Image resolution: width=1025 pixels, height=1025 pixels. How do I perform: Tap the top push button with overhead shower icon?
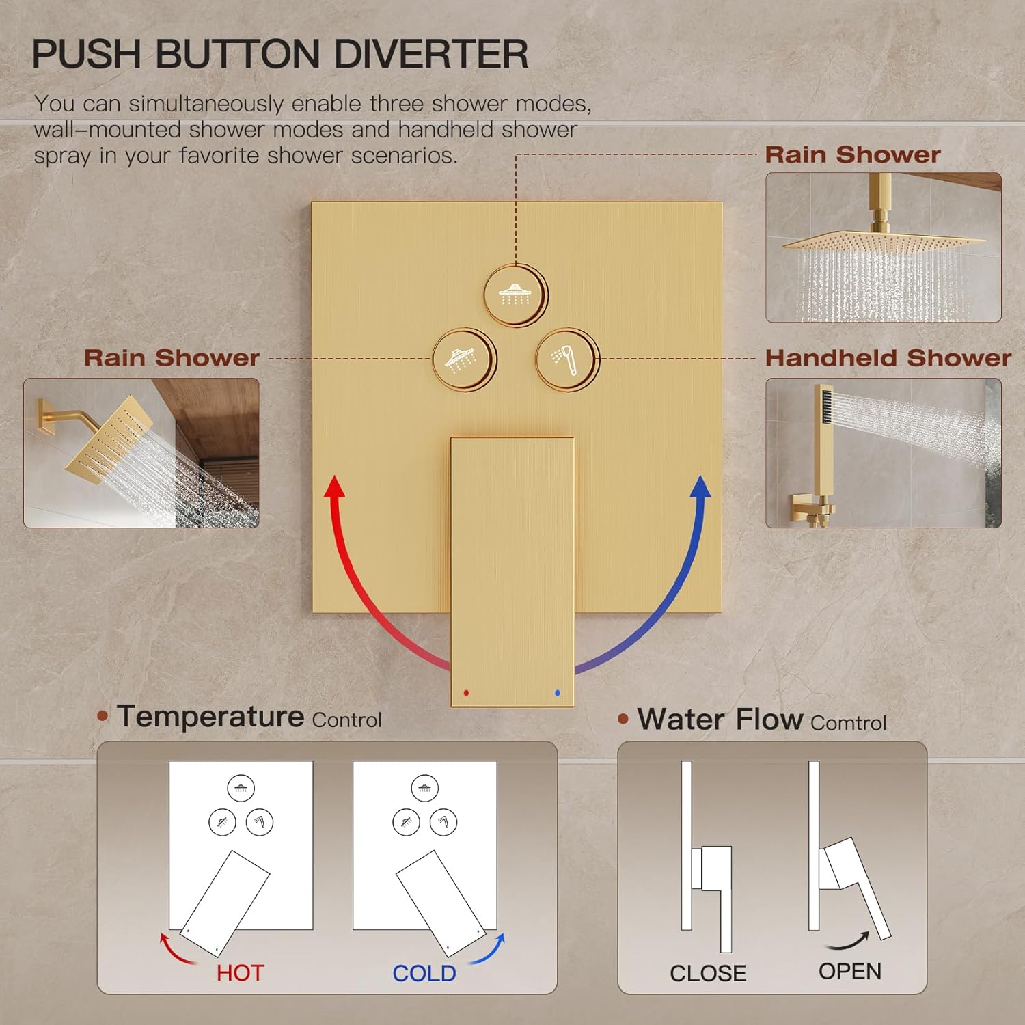515,295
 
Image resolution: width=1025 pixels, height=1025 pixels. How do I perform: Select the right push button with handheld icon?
566,359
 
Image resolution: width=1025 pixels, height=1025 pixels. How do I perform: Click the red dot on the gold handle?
466,693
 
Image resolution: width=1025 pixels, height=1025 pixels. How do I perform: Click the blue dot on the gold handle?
558,693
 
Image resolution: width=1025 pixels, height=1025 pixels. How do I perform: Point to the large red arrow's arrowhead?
334,487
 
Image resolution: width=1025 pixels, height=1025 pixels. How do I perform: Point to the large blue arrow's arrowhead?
700,487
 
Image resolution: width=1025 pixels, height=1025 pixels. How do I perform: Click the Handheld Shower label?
888,358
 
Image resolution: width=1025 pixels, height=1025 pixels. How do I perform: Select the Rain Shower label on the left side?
172,358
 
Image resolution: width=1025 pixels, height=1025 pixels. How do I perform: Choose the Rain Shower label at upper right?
852,155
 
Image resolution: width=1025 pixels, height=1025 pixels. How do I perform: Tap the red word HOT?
240,973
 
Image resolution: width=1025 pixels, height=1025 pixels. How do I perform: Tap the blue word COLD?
424,973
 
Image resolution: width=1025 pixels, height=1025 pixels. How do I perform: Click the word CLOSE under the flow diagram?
707,973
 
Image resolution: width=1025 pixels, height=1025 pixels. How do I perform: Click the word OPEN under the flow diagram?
849,971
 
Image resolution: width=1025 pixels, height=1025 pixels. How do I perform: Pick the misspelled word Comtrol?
848,723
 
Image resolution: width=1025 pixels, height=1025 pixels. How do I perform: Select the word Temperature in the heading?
210,717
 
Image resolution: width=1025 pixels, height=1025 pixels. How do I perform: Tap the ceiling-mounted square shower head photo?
883,247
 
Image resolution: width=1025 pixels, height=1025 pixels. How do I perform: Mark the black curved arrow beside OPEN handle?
849,942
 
